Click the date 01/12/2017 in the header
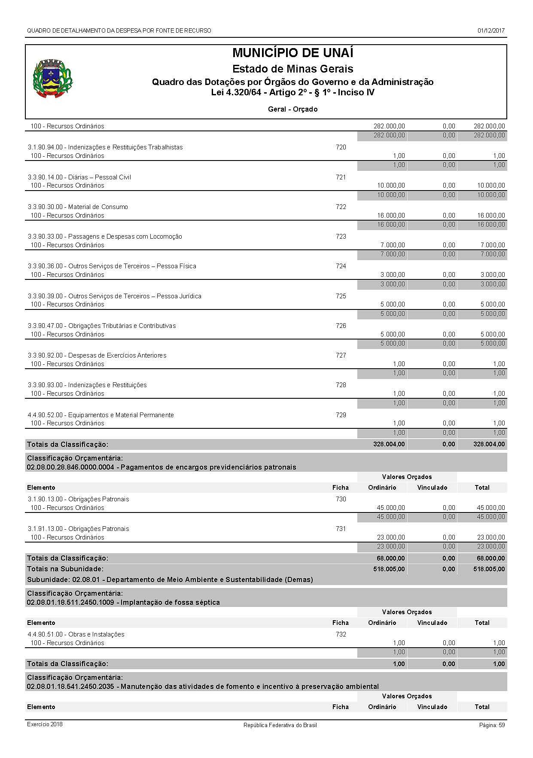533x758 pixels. (x=490, y=30)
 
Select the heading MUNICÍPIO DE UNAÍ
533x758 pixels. (x=292, y=53)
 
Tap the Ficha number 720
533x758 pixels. (x=341, y=147)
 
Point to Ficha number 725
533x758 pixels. (x=341, y=296)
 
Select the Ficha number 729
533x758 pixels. (x=341, y=415)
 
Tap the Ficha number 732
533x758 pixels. (x=341, y=634)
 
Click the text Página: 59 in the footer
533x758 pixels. (x=492, y=725)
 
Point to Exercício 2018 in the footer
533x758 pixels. (x=45, y=724)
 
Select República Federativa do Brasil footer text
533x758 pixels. (x=280, y=725)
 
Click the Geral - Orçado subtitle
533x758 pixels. (x=292, y=109)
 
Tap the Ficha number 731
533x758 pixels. (x=341, y=529)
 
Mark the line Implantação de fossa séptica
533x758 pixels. (x=123, y=602)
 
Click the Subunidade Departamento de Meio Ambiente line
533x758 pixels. (x=170, y=579)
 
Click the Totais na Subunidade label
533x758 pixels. (x=65, y=569)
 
